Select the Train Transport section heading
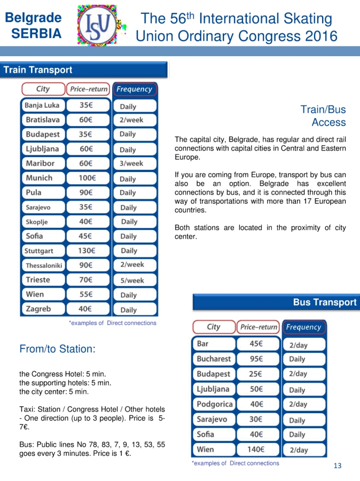pos(37,70)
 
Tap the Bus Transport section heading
pos(324,302)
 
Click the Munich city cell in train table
pos(39,178)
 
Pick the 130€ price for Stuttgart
pos(86,250)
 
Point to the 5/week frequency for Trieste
pos(132,280)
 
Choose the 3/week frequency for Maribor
pos(131,164)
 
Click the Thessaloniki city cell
pos(44,265)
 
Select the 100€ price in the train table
pos(87,178)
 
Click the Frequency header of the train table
pos(135,89)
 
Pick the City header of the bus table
pos(214,327)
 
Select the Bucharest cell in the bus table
pos(214,359)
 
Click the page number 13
pos(337,466)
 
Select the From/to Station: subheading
pos(57,349)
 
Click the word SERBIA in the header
pos(36,33)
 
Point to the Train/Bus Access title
pos(323,116)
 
